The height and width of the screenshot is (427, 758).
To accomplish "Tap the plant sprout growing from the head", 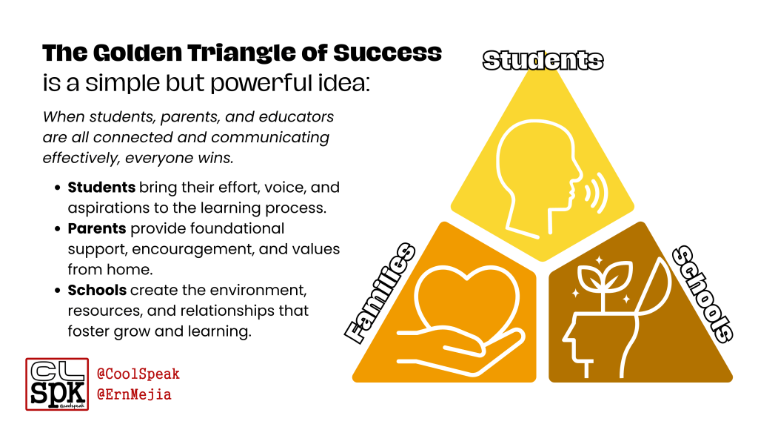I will [x=601, y=285].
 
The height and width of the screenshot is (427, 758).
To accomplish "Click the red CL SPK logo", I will [x=57, y=383].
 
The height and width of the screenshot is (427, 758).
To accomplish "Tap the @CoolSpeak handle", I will [x=138, y=374].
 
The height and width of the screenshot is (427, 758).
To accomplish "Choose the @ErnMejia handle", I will [x=134, y=394].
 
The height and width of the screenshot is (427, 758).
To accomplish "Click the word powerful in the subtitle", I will [x=255, y=83].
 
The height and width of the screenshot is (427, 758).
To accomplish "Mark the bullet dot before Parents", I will [x=58, y=228].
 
